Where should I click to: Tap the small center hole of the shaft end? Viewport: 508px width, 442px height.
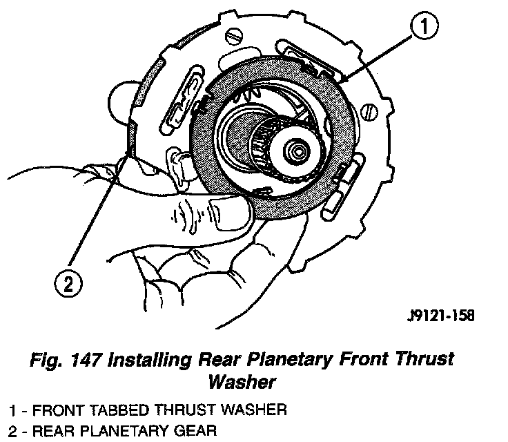(x=299, y=149)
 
